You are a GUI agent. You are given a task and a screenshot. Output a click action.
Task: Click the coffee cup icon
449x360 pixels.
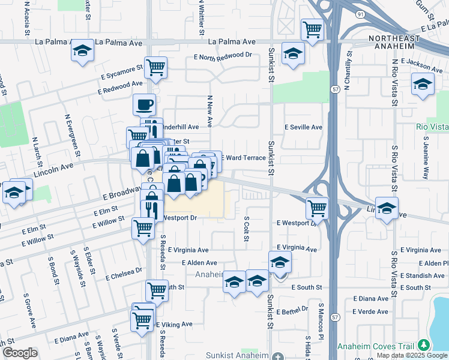tap(144, 105)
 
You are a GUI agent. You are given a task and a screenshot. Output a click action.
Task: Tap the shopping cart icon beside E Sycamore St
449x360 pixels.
tap(155, 68)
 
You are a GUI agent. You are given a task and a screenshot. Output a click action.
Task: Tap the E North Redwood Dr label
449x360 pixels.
tap(219, 55)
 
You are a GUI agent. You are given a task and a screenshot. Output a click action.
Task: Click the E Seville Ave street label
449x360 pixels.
tap(303, 127)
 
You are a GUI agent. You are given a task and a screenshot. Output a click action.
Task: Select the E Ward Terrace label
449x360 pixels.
tap(244, 157)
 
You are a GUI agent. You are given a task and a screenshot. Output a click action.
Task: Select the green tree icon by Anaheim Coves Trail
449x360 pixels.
tap(424, 344)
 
